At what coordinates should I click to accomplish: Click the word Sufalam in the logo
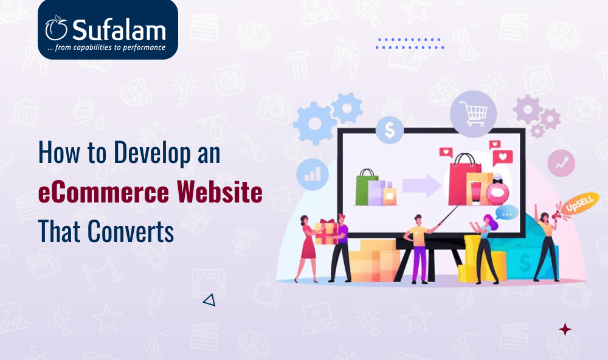coord(119,29)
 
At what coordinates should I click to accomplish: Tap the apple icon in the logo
coord(56,28)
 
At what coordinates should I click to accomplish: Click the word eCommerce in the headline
coord(103,192)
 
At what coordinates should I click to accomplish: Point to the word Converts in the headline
coord(131,231)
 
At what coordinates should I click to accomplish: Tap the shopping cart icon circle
coord(473,114)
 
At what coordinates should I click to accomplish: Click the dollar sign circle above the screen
coord(389,130)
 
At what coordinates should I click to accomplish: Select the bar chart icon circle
coord(313,174)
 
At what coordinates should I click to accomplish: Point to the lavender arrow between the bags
coord(421,185)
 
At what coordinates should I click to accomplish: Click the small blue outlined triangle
coord(209,300)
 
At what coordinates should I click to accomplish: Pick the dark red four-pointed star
coord(565,330)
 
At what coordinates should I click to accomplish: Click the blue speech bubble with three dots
coord(506,213)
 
